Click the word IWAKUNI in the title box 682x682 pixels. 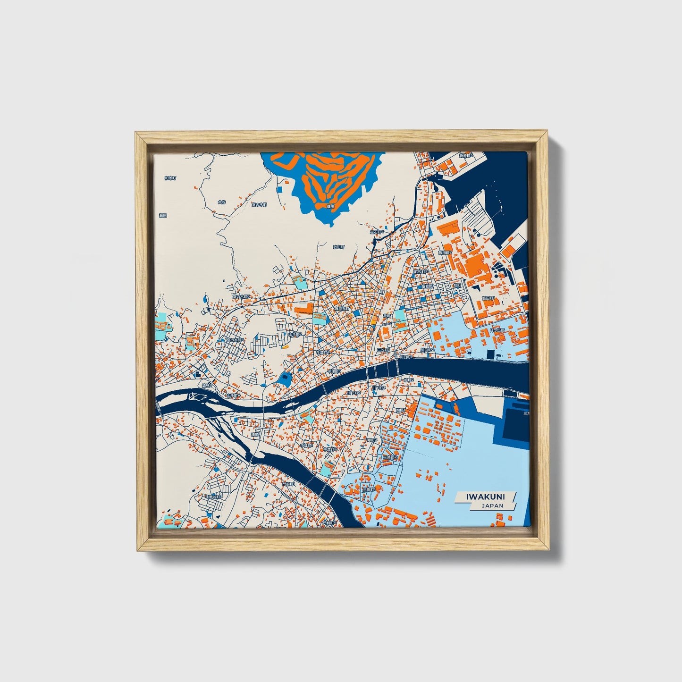(486, 497)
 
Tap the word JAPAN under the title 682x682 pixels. (492, 505)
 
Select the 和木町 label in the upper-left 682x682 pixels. (170, 178)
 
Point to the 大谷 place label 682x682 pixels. (222, 202)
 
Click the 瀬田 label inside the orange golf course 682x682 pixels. (330, 206)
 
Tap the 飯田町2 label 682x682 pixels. (445, 253)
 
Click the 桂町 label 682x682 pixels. (457, 286)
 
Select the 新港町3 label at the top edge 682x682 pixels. (466, 155)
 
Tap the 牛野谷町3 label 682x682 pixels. (213, 497)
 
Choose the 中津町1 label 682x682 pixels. (307, 445)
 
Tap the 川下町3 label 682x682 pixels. (379, 388)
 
